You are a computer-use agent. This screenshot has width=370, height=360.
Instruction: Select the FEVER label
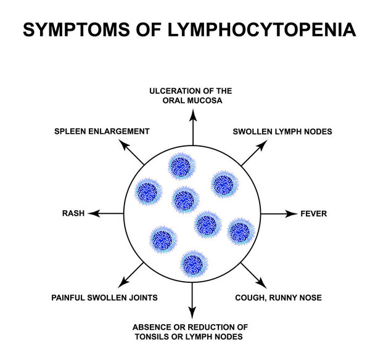coord(313,214)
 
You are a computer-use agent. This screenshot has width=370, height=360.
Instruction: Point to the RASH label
coord(73,214)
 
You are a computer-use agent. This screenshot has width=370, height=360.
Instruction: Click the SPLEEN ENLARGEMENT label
coord(102,131)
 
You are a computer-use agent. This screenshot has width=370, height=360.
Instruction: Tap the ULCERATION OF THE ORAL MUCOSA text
coord(191,96)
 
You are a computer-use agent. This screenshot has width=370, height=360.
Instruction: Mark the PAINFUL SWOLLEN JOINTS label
coord(104,298)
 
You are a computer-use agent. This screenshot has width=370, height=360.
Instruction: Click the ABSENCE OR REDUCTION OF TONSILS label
coord(191,332)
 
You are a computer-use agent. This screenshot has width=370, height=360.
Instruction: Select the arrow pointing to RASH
coord(105,214)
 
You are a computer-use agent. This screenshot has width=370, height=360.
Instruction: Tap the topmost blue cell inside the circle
coord(183,166)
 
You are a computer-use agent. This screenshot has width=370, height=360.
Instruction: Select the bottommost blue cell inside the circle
coord(192,264)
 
